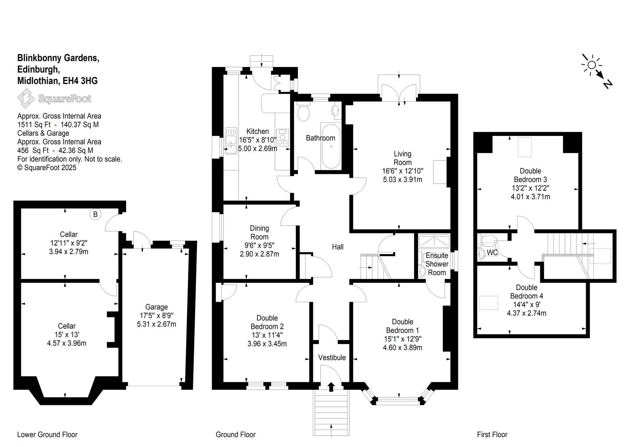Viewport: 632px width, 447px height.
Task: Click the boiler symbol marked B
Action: click(95, 214)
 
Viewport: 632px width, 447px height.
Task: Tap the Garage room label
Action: click(156, 307)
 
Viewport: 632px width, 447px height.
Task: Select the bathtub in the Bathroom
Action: click(331, 146)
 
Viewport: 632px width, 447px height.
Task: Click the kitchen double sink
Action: click(231, 141)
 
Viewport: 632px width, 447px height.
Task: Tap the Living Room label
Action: click(402, 158)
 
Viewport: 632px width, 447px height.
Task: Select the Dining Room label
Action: click(259, 233)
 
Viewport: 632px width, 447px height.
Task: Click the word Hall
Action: click(338, 247)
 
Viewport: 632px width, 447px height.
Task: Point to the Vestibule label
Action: click(332, 357)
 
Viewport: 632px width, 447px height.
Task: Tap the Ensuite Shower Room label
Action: click(437, 264)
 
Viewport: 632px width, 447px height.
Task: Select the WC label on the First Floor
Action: click(492, 252)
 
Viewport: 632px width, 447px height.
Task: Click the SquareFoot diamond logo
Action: click(26, 99)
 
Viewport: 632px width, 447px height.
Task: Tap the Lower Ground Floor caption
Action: click(47, 435)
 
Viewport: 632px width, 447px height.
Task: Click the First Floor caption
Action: click(492, 435)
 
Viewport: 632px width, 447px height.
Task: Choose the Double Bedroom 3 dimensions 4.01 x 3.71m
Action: click(530, 197)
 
